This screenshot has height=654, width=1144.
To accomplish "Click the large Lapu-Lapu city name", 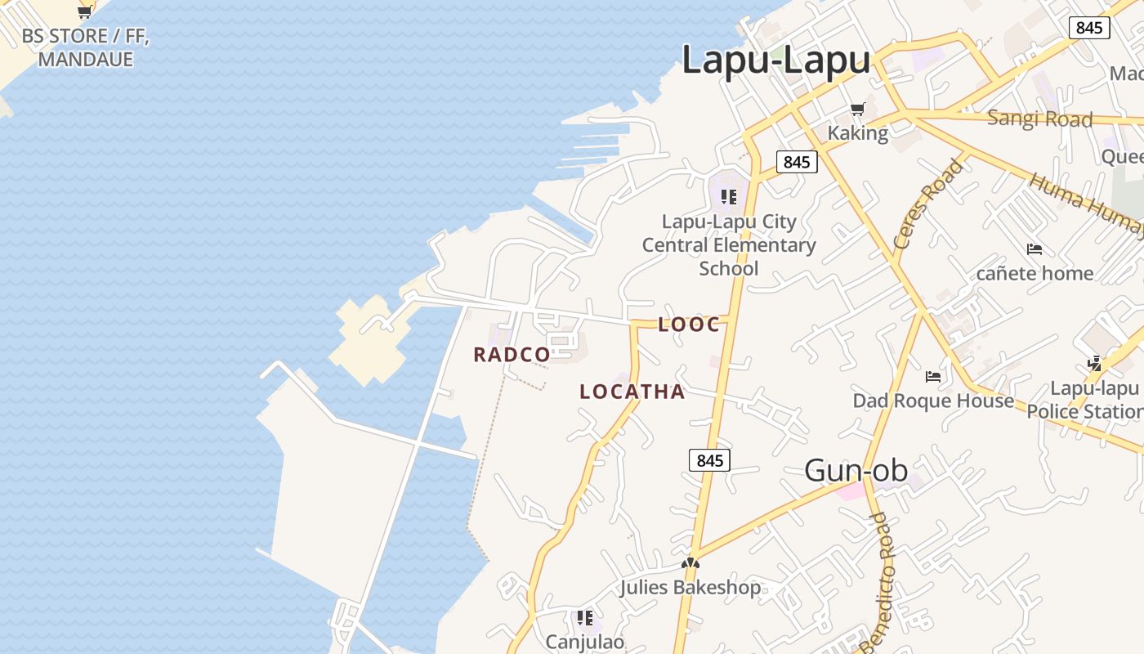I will [x=775, y=60].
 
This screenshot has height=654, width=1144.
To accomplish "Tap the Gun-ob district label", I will [x=856, y=470].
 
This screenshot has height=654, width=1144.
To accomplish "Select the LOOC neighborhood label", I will [x=689, y=325].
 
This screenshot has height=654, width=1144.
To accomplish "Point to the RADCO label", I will [x=512, y=355].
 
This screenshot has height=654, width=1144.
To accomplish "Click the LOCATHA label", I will [x=632, y=392].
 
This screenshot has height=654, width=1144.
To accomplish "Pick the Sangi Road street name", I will [x=1039, y=119].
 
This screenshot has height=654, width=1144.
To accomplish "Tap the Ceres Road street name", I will [x=928, y=204].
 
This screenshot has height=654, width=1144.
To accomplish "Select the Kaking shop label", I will [x=857, y=132].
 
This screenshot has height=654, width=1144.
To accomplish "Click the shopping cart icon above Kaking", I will [x=857, y=109].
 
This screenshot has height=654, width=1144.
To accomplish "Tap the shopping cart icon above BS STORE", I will [x=84, y=11].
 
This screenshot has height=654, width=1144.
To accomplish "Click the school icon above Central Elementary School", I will [x=728, y=196].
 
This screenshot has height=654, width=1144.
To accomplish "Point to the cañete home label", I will [x=1035, y=273].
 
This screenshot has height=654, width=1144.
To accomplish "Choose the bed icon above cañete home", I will [x=1035, y=249].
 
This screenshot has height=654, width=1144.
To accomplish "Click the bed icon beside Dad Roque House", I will [x=933, y=377].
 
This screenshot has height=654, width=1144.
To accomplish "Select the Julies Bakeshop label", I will [x=690, y=587].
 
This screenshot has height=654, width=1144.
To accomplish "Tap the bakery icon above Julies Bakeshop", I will [x=690, y=563].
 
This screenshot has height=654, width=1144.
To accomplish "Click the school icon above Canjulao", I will [x=584, y=617].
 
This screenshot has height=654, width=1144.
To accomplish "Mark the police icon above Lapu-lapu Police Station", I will [x=1094, y=364].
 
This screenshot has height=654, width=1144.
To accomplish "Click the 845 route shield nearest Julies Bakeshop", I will [x=709, y=460].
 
